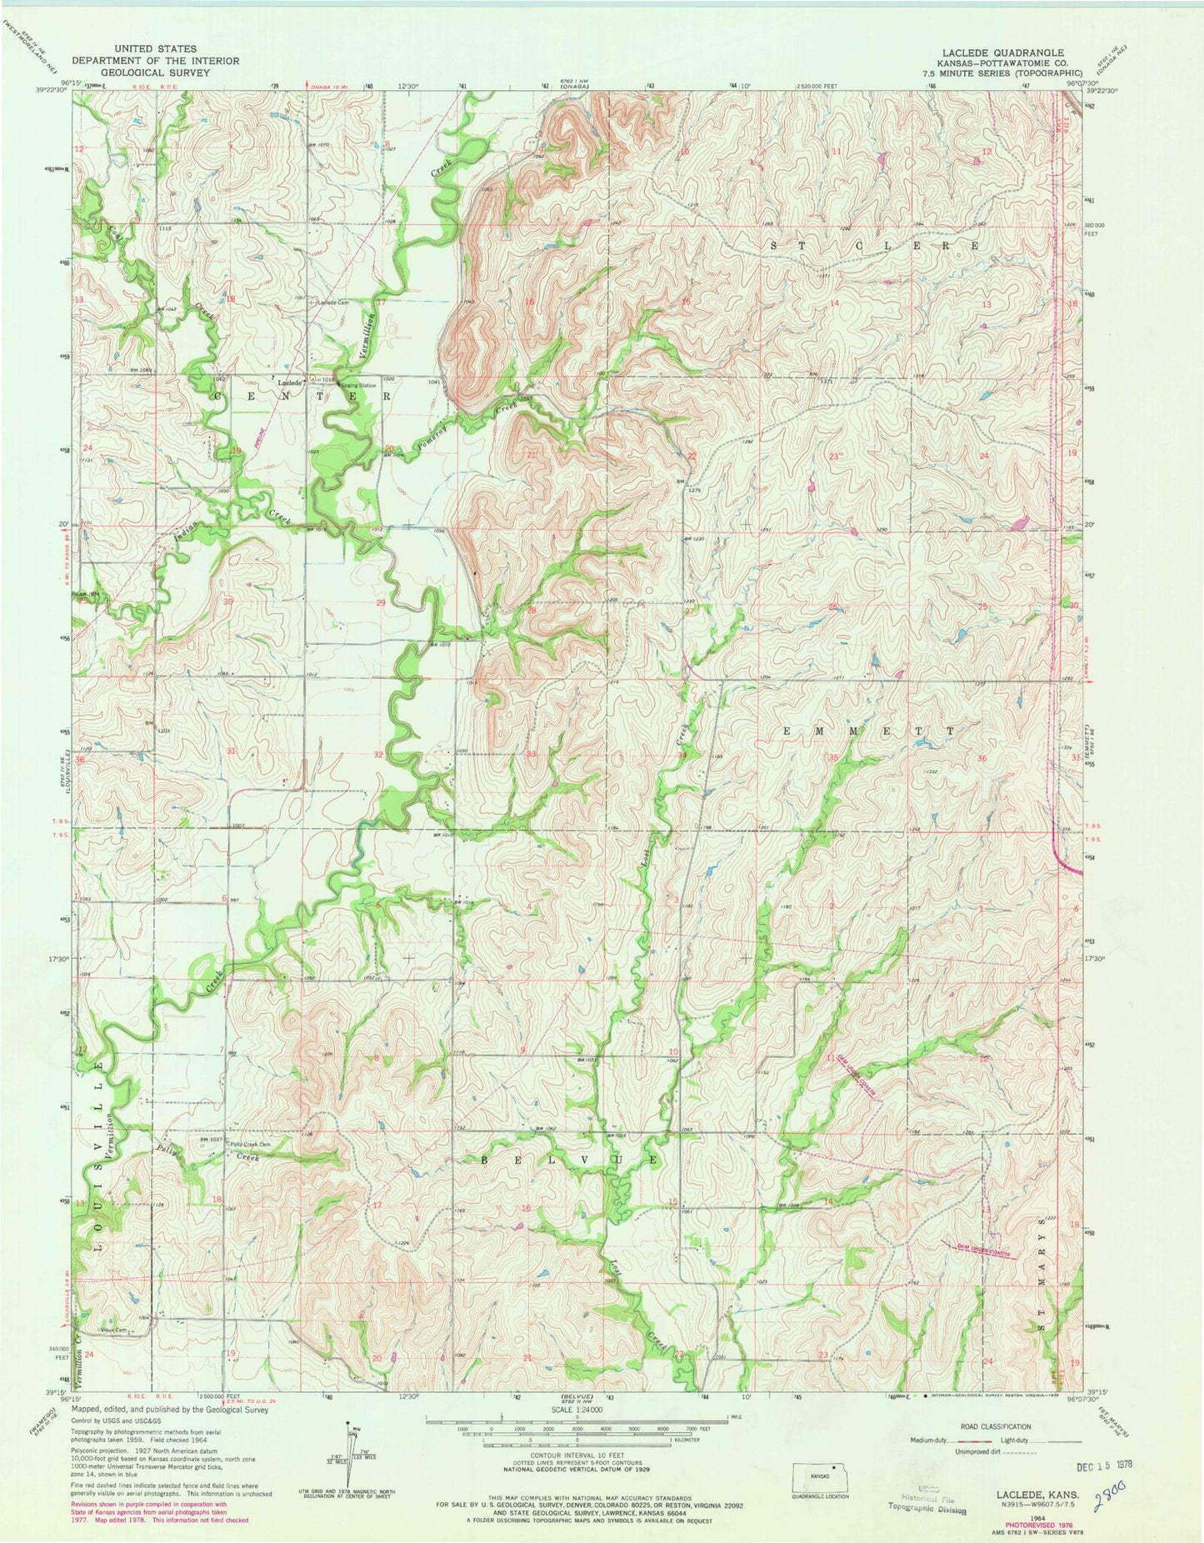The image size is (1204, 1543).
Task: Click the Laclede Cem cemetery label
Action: [331, 302]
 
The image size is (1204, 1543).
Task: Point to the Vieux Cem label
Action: [112, 1330]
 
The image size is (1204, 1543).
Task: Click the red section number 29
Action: [381, 602]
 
